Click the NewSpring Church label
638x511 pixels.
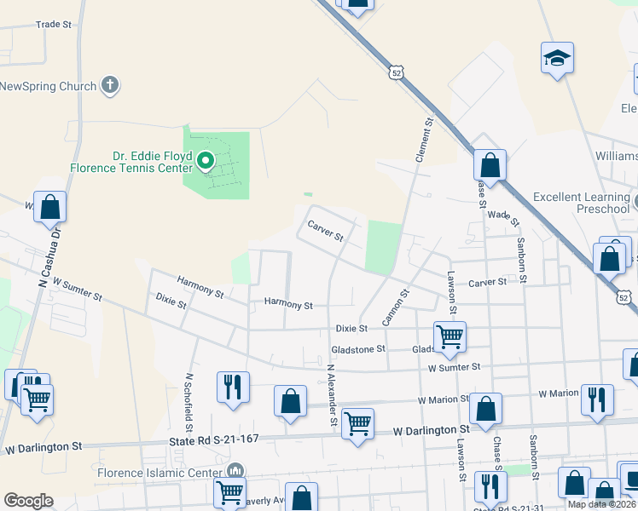click(x=47, y=86)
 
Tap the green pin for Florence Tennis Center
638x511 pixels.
click(x=205, y=159)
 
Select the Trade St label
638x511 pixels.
click(x=54, y=25)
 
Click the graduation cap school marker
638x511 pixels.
click(x=556, y=59)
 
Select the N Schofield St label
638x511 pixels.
click(x=188, y=400)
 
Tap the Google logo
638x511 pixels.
click(x=28, y=501)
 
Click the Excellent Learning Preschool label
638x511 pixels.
click(x=580, y=203)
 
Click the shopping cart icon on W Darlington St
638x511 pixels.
click(x=357, y=422)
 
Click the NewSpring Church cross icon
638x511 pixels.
click(x=109, y=84)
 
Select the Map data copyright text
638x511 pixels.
click(x=600, y=504)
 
